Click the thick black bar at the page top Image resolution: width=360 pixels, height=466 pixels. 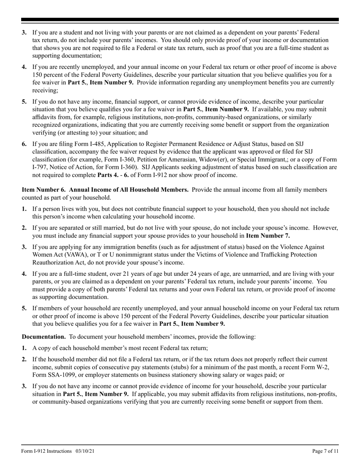click(180, 20)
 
